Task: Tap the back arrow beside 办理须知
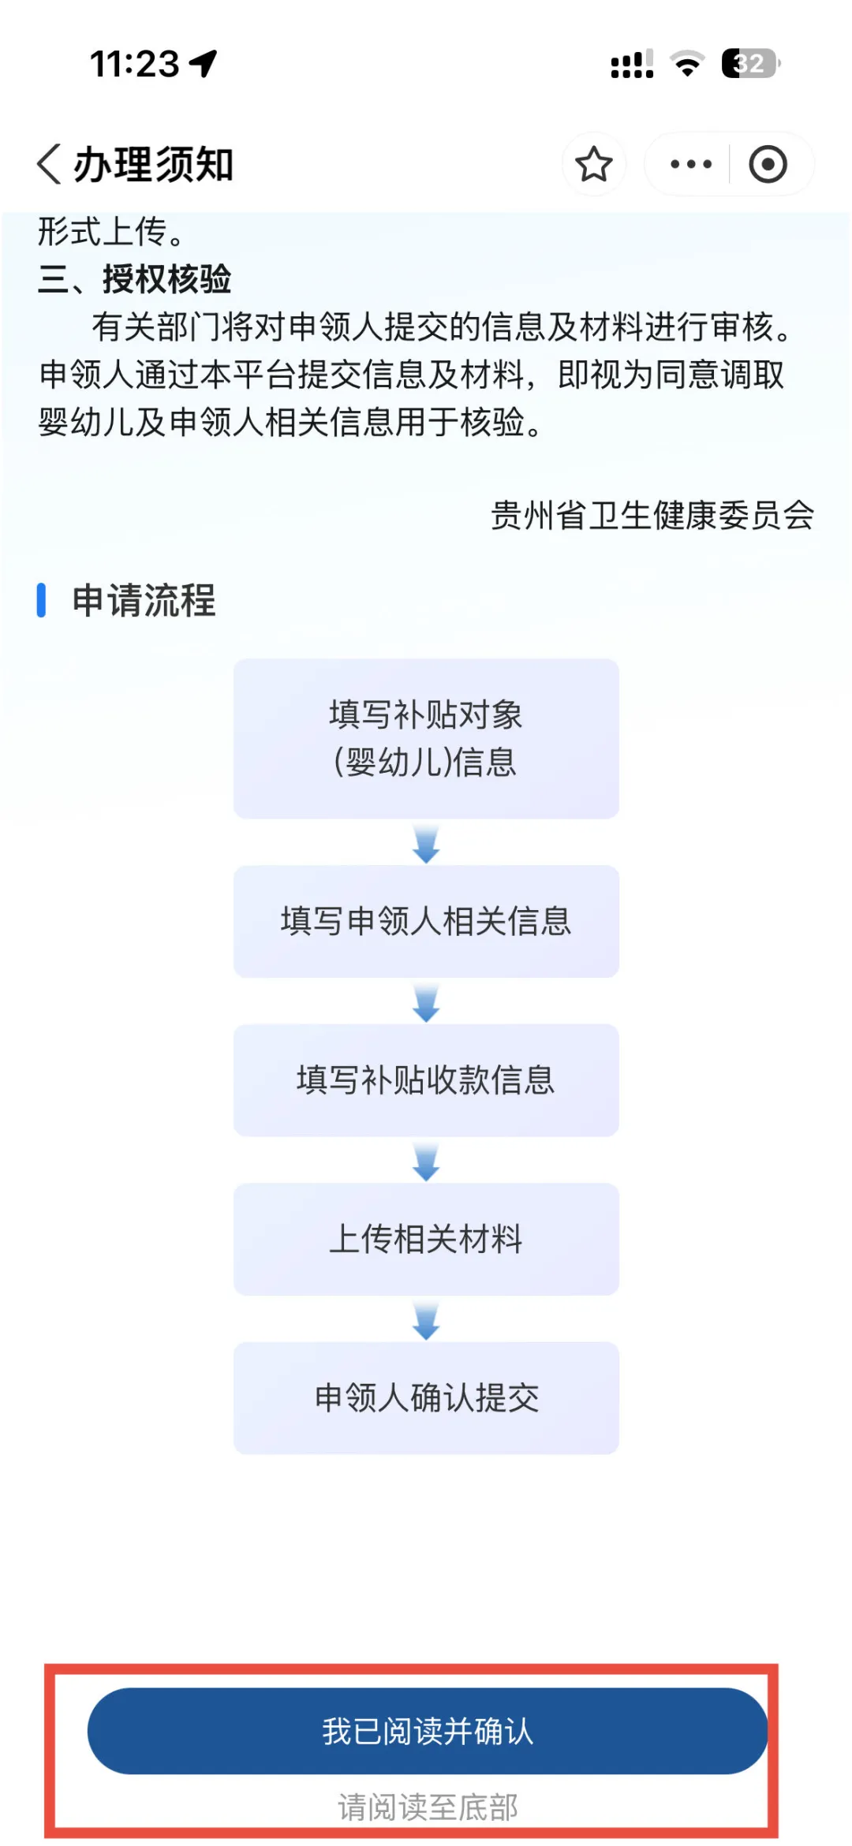[x=49, y=164]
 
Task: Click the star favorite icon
[x=593, y=164]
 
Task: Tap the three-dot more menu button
[x=690, y=164]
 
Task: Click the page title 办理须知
[x=154, y=165]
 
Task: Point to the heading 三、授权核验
[x=135, y=279]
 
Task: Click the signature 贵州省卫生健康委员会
[x=652, y=516]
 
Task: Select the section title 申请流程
[x=144, y=600]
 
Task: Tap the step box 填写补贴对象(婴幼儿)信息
[x=426, y=738]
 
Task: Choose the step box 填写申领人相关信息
[x=426, y=921]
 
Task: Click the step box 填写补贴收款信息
[x=426, y=1080]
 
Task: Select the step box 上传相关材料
[x=426, y=1239]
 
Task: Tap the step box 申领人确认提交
[x=426, y=1397]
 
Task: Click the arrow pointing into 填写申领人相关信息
[x=426, y=844]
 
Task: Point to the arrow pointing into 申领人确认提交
[x=426, y=1320]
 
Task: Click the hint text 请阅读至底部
[x=428, y=1807]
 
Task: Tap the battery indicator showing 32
[x=750, y=63]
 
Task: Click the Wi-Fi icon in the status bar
[x=687, y=64]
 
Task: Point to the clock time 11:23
[x=135, y=64]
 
